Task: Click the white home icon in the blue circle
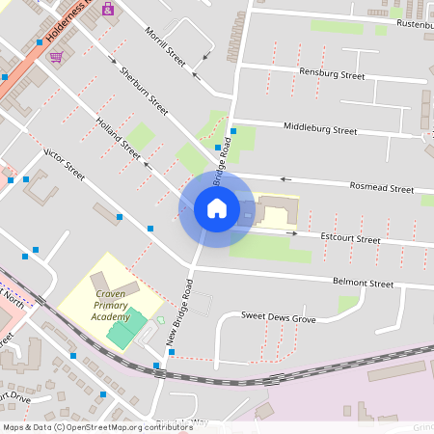(x=216, y=208)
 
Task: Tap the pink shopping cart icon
(x=56, y=57)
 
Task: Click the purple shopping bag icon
(x=107, y=10)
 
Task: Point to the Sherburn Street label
(x=141, y=86)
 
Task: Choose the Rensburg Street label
(x=332, y=74)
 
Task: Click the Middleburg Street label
(x=320, y=129)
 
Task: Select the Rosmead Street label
(x=382, y=186)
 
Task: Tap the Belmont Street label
(x=363, y=285)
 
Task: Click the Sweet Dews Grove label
(x=279, y=316)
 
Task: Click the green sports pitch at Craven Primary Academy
(x=123, y=331)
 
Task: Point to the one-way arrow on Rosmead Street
(x=285, y=178)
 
